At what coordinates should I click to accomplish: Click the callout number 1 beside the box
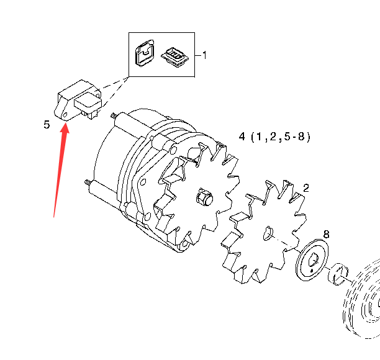click(x=204, y=55)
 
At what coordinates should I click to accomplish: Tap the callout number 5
click(x=47, y=125)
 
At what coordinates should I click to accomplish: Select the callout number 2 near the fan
click(x=306, y=188)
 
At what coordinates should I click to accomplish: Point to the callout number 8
click(x=327, y=234)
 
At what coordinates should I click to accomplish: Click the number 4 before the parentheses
click(x=242, y=137)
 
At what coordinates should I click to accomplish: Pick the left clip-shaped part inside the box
click(x=145, y=53)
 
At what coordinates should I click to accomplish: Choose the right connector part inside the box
click(x=174, y=57)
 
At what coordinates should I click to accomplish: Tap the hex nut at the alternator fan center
click(x=204, y=197)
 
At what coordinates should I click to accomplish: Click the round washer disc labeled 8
click(x=312, y=260)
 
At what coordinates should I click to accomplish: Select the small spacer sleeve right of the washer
click(x=338, y=274)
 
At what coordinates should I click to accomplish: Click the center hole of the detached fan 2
click(x=267, y=233)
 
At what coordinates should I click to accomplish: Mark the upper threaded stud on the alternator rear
click(x=113, y=115)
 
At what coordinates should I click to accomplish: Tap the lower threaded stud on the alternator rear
click(x=88, y=182)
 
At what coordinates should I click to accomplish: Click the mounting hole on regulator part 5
click(x=65, y=115)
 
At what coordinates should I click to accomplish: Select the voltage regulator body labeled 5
click(x=78, y=100)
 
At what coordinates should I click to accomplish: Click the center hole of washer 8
click(x=313, y=259)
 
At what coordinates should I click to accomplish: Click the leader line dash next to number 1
click(x=198, y=55)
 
